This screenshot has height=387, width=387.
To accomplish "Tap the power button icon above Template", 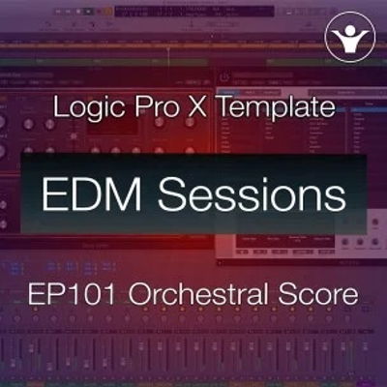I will click(x=223, y=75).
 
